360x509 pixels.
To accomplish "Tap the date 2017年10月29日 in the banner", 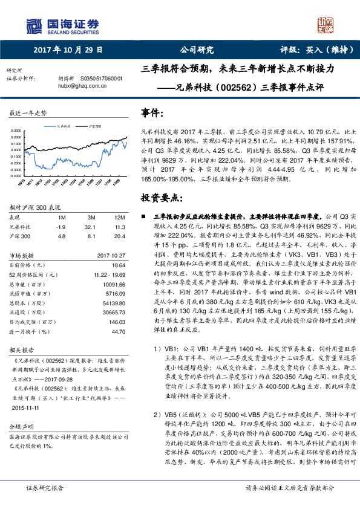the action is pos(68,51).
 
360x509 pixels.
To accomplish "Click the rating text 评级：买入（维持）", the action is pos(311,51).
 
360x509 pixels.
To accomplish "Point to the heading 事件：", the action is pos(152,113).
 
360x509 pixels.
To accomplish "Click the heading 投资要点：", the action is pos(161,198).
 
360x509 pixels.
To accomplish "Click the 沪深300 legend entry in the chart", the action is pos(94,127).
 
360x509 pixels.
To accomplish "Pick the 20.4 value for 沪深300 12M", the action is pos(119,236).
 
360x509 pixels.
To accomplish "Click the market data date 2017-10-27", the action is pos(111,255).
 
